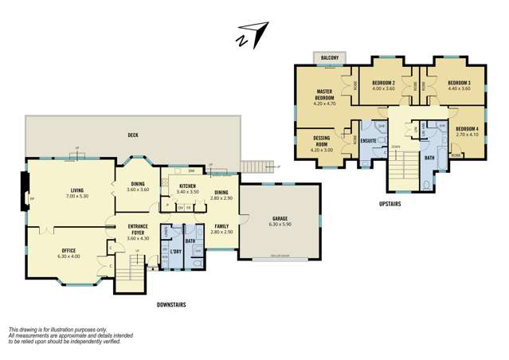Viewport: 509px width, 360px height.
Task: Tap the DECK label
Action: (x=134, y=135)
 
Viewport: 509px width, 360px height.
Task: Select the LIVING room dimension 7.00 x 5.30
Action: (x=77, y=196)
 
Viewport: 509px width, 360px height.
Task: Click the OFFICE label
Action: (x=69, y=250)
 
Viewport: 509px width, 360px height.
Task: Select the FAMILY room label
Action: (x=222, y=226)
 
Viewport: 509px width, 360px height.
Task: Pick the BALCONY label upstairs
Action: (x=330, y=58)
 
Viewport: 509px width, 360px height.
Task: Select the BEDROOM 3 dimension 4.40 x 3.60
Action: (x=459, y=89)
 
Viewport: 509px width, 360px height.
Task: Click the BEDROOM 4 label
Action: (x=468, y=128)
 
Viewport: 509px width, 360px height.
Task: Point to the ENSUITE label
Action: (x=369, y=142)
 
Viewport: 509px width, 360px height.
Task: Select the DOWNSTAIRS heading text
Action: (x=171, y=303)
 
